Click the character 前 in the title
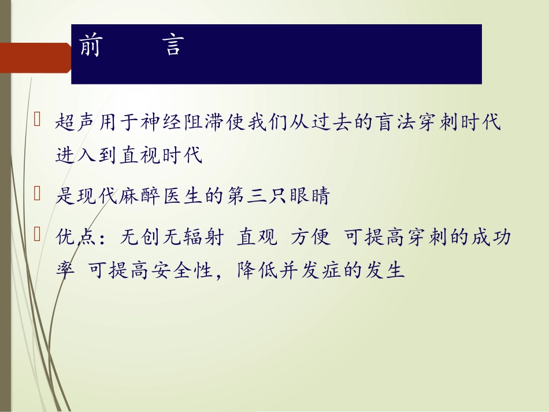(x=90, y=46)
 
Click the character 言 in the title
(x=172, y=46)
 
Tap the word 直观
(x=253, y=237)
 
